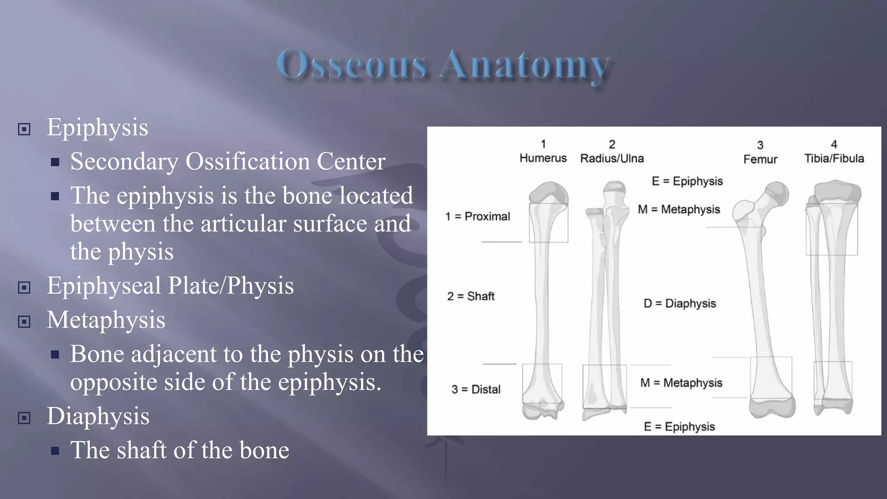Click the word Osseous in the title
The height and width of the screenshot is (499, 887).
point(352,65)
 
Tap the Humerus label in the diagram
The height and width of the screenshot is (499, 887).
point(543,158)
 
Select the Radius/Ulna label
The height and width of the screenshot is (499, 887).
point(612,159)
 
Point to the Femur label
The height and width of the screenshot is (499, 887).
point(760,159)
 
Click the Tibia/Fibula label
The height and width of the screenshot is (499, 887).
point(834,159)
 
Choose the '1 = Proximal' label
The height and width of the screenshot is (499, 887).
point(477,216)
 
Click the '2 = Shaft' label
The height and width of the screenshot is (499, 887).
point(470,296)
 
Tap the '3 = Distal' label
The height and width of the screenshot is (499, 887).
point(476,389)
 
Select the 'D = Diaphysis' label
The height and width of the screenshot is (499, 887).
point(679,303)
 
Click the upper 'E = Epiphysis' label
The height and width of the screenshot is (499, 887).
point(687,181)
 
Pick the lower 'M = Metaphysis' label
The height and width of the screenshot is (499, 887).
point(681,383)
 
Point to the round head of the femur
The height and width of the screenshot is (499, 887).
point(777,194)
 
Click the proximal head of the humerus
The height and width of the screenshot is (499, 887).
point(548,193)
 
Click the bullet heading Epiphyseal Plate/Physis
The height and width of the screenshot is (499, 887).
point(170,286)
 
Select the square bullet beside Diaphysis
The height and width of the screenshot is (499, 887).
point(24,418)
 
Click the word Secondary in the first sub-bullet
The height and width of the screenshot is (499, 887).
point(124,162)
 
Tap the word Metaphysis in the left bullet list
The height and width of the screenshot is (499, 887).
point(106,320)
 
